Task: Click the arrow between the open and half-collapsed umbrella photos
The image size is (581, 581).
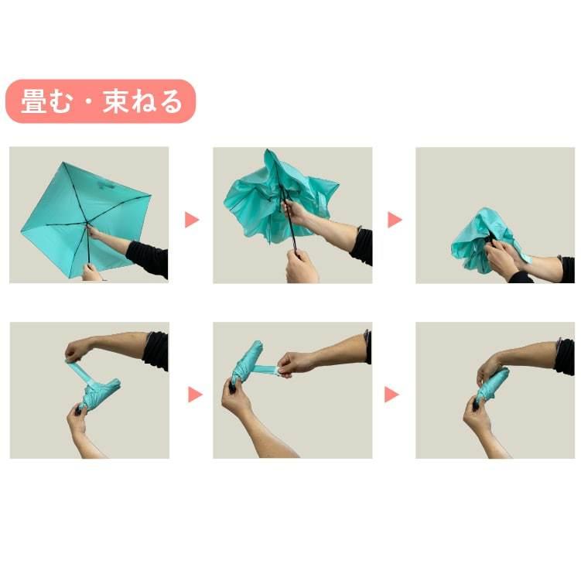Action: pyautogui.click(x=192, y=220)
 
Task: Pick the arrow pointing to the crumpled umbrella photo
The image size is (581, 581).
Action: pyautogui.click(x=395, y=220)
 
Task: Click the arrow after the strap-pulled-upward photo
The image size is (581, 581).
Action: pyautogui.click(x=194, y=395)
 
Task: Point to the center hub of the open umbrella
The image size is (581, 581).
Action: pyautogui.click(x=87, y=227)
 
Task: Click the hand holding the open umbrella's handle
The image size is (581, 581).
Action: pyautogui.click(x=92, y=272)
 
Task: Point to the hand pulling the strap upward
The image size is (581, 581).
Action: pyautogui.click(x=77, y=350)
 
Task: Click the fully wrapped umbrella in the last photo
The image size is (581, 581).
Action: pyautogui.click(x=492, y=385)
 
